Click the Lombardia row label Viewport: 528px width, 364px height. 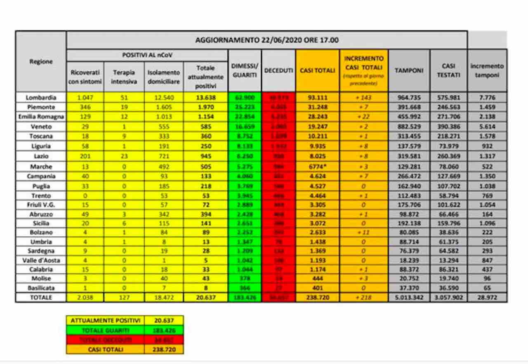coord(40,98)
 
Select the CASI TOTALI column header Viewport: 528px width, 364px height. coord(317,70)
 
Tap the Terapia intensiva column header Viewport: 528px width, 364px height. coord(124,77)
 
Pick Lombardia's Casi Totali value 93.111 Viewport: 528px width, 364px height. coord(317,98)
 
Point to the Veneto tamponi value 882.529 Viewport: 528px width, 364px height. coord(409,127)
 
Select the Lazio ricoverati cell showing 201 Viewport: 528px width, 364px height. coord(85,157)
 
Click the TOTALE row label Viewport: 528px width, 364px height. coord(40,298)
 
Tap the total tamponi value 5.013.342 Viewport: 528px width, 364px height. coord(409,298)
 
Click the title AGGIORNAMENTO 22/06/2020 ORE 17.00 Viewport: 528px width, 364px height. coord(266,40)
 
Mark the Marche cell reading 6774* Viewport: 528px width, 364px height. coord(317,167)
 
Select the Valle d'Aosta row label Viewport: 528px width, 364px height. coord(40,260)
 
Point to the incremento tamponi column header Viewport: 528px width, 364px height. coord(487,70)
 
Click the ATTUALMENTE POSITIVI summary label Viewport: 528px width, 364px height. coord(106,320)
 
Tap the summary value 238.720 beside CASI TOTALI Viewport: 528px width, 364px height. coord(164,350)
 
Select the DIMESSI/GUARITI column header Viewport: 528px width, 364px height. coord(245,70)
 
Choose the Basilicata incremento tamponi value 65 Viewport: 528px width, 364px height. coord(487,288)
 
